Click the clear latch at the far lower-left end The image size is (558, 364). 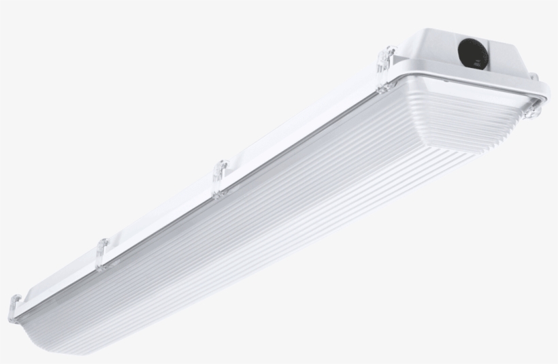[x=14, y=309]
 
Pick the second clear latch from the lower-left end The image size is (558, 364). [x=102, y=254]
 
